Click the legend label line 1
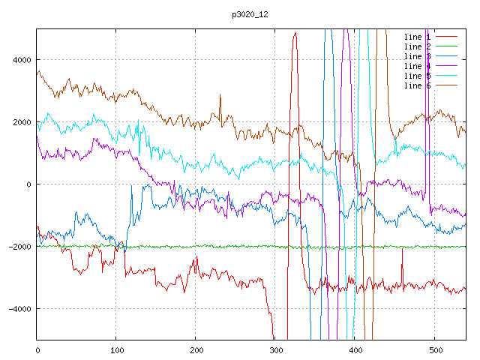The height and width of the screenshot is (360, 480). point(417,37)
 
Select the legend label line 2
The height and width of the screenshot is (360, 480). point(417,46)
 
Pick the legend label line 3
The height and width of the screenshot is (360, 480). point(417,56)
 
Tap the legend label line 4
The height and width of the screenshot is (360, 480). point(417,66)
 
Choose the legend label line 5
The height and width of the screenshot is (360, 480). point(417,76)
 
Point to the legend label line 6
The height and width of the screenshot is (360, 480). point(417,85)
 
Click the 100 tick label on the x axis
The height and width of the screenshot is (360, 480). point(116,349)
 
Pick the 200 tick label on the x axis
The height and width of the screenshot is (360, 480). point(196,349)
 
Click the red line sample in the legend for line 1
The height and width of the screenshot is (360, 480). point(447,37)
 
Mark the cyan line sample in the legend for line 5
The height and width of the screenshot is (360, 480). point(447,76)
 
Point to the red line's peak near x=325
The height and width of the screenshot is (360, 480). point(295,33)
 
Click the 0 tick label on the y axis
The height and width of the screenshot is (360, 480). point(28,184)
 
